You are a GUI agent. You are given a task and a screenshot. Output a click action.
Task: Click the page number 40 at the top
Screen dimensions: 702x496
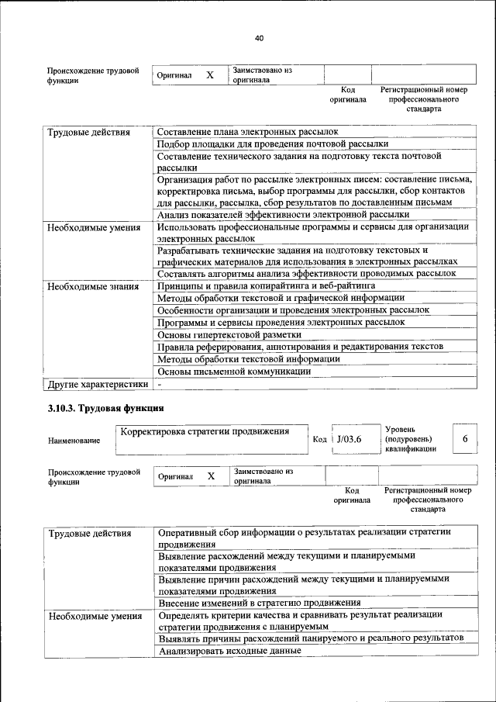[259, 38]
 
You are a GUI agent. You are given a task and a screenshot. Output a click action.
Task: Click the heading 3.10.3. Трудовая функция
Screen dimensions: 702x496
[105, 408]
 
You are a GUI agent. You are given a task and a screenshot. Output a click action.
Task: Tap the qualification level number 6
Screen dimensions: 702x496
[465, 439]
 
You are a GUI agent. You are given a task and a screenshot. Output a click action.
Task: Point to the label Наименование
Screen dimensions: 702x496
[74, 441]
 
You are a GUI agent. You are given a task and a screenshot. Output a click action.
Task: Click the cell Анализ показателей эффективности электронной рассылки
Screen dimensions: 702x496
[282, 214]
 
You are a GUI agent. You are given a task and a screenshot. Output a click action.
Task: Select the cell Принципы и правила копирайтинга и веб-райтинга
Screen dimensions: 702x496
[266, 285]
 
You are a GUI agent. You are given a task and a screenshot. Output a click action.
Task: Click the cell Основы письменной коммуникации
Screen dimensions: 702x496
[233, 371]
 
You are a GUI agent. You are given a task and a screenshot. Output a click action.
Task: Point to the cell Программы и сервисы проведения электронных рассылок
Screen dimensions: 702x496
[280, 322]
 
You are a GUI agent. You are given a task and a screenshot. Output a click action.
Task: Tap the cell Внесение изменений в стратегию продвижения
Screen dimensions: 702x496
[259, 602]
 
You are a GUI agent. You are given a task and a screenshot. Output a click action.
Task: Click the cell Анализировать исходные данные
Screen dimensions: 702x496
[229, 651]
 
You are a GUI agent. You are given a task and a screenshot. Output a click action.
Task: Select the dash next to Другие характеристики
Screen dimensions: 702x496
[160, 384]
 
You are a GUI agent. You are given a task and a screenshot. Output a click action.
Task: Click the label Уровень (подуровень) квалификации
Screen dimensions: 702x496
[410, 438]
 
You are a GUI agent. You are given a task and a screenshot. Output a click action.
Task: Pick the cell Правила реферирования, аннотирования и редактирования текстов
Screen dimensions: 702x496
[300, 346]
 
